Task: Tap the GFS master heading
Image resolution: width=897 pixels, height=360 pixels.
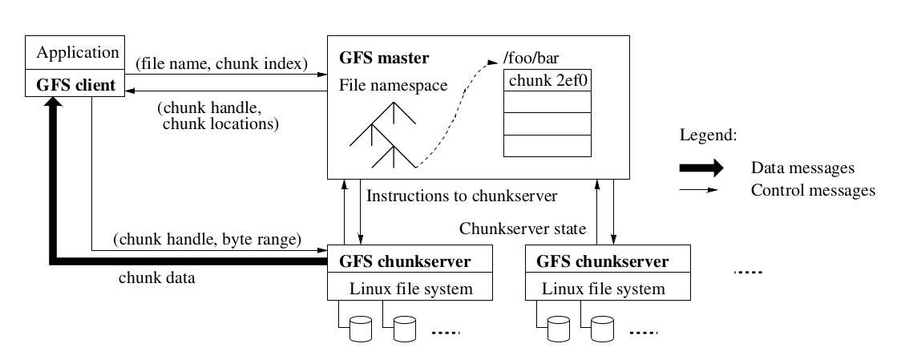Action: [x=385, y=58]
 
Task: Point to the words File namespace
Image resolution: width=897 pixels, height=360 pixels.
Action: [x=394, y=85]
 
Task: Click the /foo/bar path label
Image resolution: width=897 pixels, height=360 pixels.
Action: [x=526, y=59]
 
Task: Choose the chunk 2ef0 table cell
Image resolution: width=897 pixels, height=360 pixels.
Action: [x=547, y=80]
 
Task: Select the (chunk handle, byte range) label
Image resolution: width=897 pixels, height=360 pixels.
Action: [x=207, y=238]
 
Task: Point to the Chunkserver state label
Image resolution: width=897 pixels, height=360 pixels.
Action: [x=523, y=229]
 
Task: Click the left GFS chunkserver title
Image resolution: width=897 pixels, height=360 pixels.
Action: [x=405, y=261]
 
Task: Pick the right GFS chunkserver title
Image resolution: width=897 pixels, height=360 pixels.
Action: [x=602, y=261]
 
